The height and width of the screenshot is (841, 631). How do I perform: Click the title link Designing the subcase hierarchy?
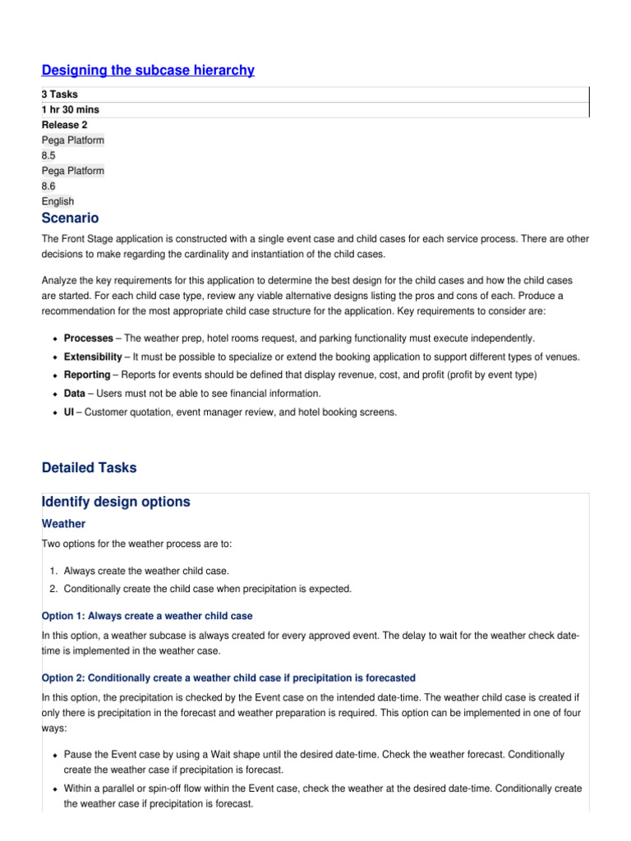click(148, 71)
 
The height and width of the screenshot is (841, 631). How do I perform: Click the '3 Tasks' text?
click(60, 94)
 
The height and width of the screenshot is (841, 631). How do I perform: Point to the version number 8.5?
click(51, 155)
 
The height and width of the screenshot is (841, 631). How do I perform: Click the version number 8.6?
click(51, 186)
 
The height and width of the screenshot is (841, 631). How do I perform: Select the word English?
click(58, 201)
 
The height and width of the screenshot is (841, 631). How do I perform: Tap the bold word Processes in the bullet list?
click(90, 338)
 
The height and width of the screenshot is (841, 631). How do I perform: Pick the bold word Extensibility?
click(94, 356)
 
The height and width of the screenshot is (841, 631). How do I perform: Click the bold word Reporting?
click(87, 375)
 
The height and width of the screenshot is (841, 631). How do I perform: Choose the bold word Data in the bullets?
click(75, 393)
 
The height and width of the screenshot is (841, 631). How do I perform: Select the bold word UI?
click(70, 412)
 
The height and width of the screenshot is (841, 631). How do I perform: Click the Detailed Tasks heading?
click(89, 468)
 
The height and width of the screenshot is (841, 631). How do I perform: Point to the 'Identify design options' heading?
click(115, 502)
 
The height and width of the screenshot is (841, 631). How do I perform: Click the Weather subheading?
click(63, 523)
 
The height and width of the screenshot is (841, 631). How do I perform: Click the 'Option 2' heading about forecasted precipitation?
click(228, 678)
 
